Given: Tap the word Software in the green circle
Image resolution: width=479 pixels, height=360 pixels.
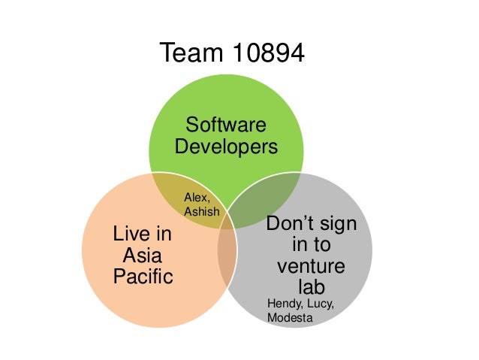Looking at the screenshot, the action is click(225, 124).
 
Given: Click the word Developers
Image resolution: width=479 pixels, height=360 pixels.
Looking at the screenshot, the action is click(225, 146).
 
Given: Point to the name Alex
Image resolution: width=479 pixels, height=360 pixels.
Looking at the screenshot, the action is click(197, 197).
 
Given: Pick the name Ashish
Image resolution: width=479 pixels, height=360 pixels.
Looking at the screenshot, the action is click(202, 212).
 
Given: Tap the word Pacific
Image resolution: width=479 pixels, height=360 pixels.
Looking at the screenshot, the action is click(142, 277).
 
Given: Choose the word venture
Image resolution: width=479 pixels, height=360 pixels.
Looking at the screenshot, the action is click(311, 267).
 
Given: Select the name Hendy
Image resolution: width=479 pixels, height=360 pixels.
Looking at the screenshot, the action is click(284, 304).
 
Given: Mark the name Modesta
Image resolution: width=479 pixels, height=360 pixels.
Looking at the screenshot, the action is click(289, 319).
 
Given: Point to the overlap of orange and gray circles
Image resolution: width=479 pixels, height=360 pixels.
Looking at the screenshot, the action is click(226, 256).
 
